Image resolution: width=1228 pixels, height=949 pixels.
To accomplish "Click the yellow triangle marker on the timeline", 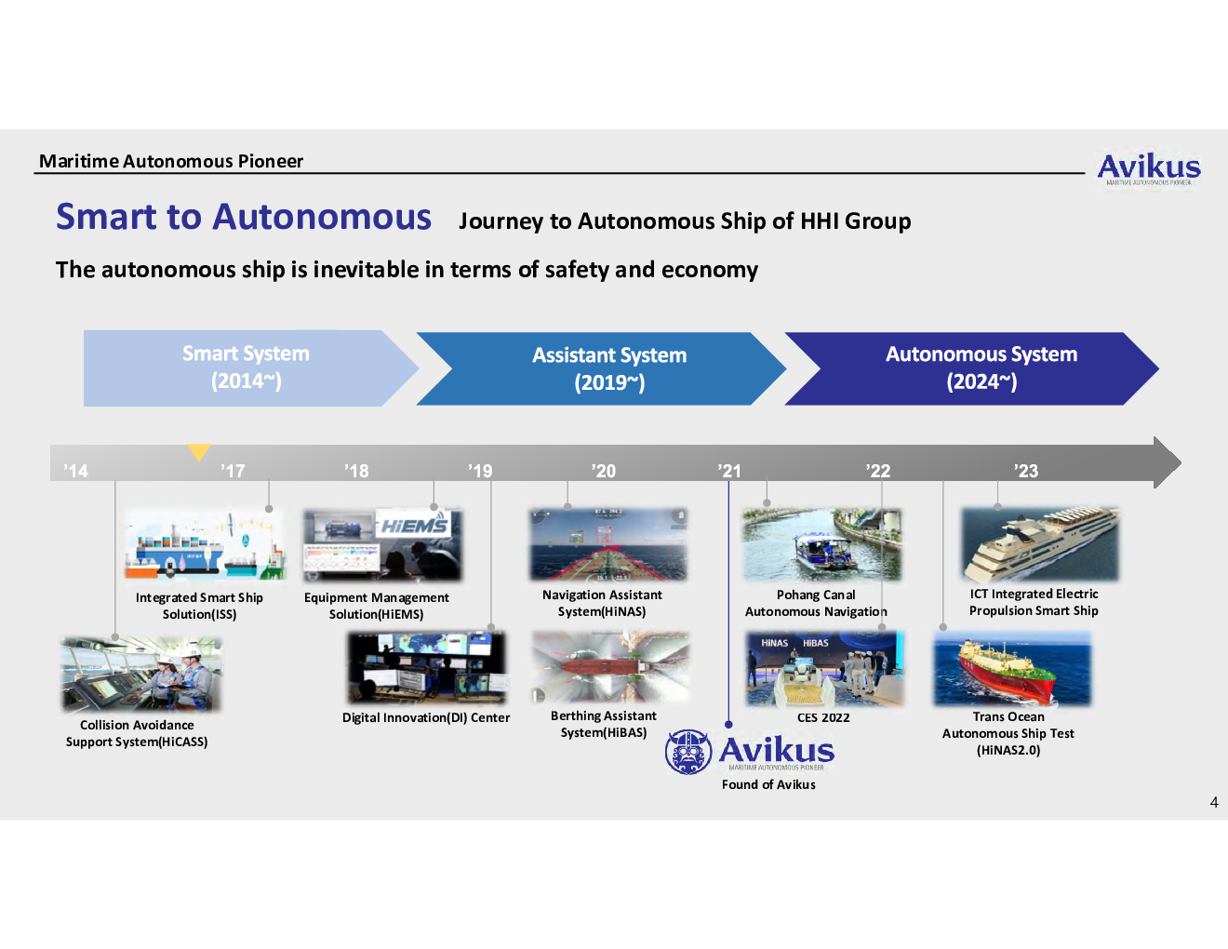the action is [199, 451].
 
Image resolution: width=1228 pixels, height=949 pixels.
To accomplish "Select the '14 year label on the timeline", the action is [75, 471].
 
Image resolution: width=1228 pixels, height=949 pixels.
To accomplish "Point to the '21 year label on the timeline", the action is [729, 471].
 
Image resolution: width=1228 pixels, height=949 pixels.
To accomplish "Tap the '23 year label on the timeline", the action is [1026, 471].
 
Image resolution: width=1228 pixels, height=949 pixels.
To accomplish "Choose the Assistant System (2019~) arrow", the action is [601, 368].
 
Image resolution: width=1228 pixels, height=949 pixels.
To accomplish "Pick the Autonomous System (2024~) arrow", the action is [972, 368].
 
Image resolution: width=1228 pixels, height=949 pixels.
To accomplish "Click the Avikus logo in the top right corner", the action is [1149, 168].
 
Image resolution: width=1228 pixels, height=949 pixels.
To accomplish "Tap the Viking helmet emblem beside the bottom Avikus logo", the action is [687, 752].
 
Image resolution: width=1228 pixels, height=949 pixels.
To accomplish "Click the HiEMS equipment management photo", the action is [382, 545].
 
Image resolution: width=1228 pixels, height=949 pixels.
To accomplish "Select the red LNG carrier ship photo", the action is [1012, 669].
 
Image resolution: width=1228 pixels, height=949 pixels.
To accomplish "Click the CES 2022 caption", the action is [823, 718].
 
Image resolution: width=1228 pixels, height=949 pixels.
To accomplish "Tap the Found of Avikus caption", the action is [768, 784].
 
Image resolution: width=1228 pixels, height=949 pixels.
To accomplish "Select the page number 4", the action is [1214, 803].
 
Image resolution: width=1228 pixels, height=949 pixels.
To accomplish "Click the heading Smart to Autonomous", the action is [244, 217].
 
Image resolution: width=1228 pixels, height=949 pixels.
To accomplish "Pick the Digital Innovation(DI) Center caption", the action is [426, 718].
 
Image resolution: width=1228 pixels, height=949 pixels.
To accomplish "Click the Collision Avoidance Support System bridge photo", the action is [141, 675].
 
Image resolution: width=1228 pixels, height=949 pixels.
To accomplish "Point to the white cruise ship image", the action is [1040, 545].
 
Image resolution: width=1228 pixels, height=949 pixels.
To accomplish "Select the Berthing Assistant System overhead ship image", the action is [611, 667].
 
